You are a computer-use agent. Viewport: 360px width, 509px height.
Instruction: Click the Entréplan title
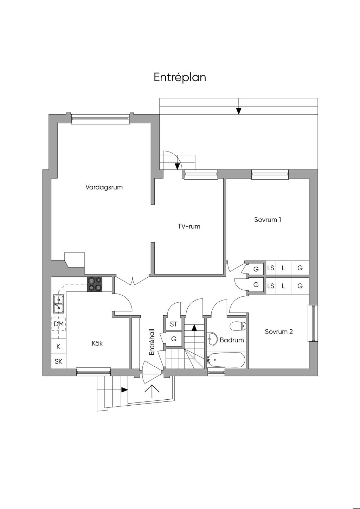coord(180,77)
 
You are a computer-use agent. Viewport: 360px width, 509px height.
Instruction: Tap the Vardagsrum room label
coord(104,187)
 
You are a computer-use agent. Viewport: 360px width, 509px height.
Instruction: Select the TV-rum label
coord(189,226)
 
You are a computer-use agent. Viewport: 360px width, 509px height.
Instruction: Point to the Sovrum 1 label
coord(268,219)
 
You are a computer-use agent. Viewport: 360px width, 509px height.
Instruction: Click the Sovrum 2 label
coord(279,331)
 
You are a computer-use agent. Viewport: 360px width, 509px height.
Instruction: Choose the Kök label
coord(97,343)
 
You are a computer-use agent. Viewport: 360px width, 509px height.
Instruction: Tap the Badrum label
coord(232,340)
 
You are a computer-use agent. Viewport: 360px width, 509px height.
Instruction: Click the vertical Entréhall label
coord(152,342)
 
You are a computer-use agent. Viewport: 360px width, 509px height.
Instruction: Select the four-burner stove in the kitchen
coord(95,284)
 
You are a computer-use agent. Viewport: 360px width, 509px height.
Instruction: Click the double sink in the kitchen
coord(59,304)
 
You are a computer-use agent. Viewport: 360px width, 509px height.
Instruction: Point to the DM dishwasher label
coord(59,324)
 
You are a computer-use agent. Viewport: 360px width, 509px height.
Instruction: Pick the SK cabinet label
coord(58,361)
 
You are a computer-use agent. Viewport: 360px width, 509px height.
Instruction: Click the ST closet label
coord(173,324)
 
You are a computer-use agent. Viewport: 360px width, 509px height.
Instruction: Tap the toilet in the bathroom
coord(238,326)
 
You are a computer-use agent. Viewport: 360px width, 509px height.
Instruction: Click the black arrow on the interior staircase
coord(194,328)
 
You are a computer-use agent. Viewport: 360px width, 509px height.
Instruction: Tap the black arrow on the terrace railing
coord(238,111)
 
